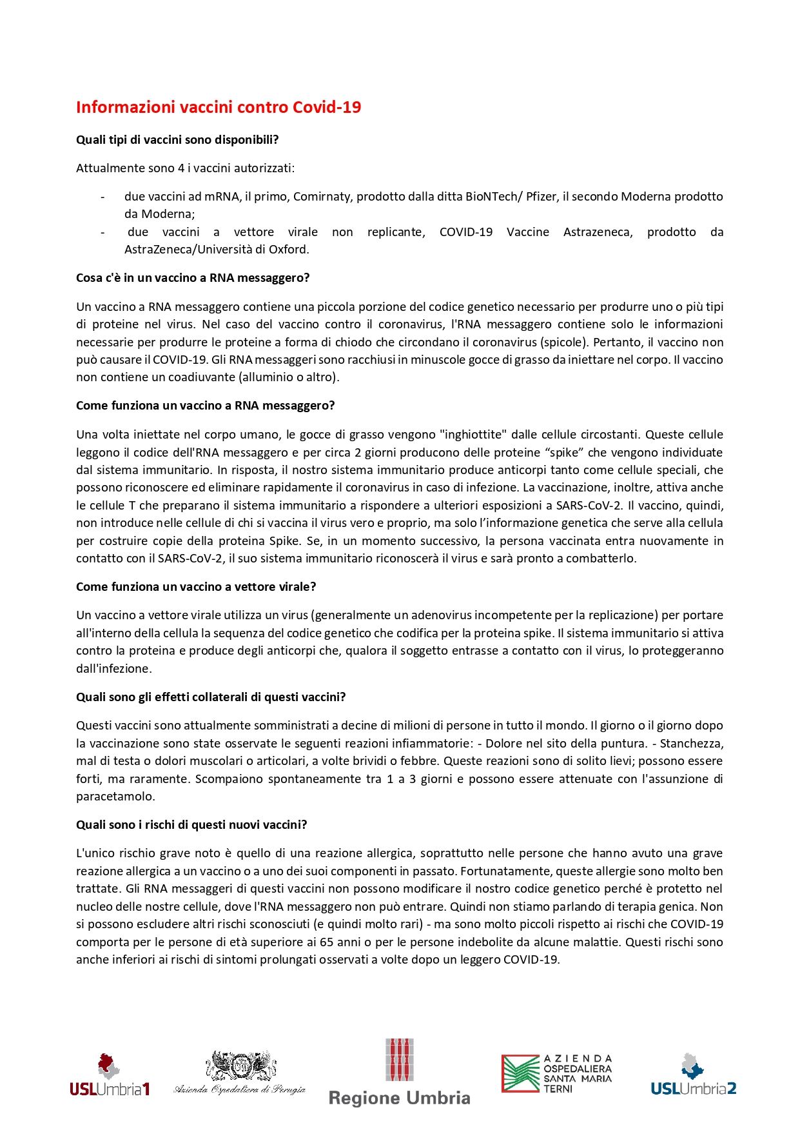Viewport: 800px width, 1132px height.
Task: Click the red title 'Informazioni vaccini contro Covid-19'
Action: [218, 107]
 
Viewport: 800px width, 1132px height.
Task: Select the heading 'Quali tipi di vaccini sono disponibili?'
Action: [177, 140]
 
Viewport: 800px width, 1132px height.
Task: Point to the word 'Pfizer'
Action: [540, 197]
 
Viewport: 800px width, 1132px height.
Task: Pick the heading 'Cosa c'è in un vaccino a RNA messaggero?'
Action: [193, 278]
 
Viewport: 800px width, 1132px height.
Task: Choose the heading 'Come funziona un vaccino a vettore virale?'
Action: [196, 587]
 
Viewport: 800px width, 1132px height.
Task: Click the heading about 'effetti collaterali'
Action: [211, 697]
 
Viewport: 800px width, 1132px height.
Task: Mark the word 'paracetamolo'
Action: [115, 797]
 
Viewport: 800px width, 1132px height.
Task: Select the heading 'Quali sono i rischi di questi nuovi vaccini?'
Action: [191, 825]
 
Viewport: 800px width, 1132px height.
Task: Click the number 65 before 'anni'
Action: [327, 942]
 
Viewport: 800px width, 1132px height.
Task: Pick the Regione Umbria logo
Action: [399, 1072]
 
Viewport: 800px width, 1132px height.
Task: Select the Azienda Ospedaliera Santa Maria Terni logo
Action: [556, 1073]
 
